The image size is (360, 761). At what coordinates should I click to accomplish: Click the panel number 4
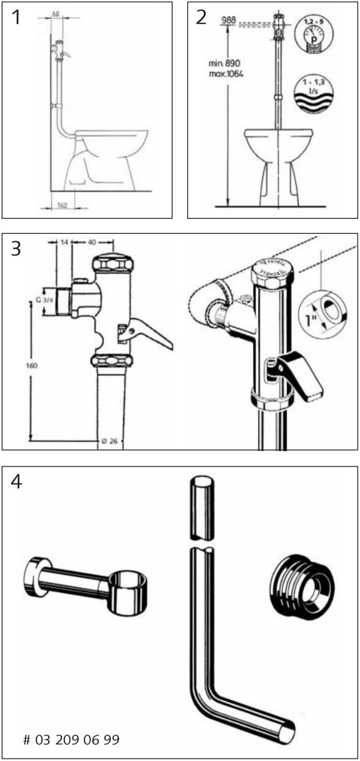[x=17, y=482]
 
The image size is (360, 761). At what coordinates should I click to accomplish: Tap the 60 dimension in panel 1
[x=55, y=14]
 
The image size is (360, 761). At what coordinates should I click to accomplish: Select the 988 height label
[x=228, y=20]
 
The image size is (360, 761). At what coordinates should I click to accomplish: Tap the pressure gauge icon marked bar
[x=312, y=35]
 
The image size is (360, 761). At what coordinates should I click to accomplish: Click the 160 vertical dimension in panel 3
[x=32, y=365]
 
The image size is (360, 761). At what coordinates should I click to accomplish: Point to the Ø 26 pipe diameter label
[x=109, y=441]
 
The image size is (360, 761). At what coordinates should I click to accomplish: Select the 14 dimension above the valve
[x=64, y=242]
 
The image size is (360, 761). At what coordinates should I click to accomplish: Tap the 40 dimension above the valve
[x=92, y=242]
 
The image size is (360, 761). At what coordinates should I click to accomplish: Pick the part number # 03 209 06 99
[x=71, y=740]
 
